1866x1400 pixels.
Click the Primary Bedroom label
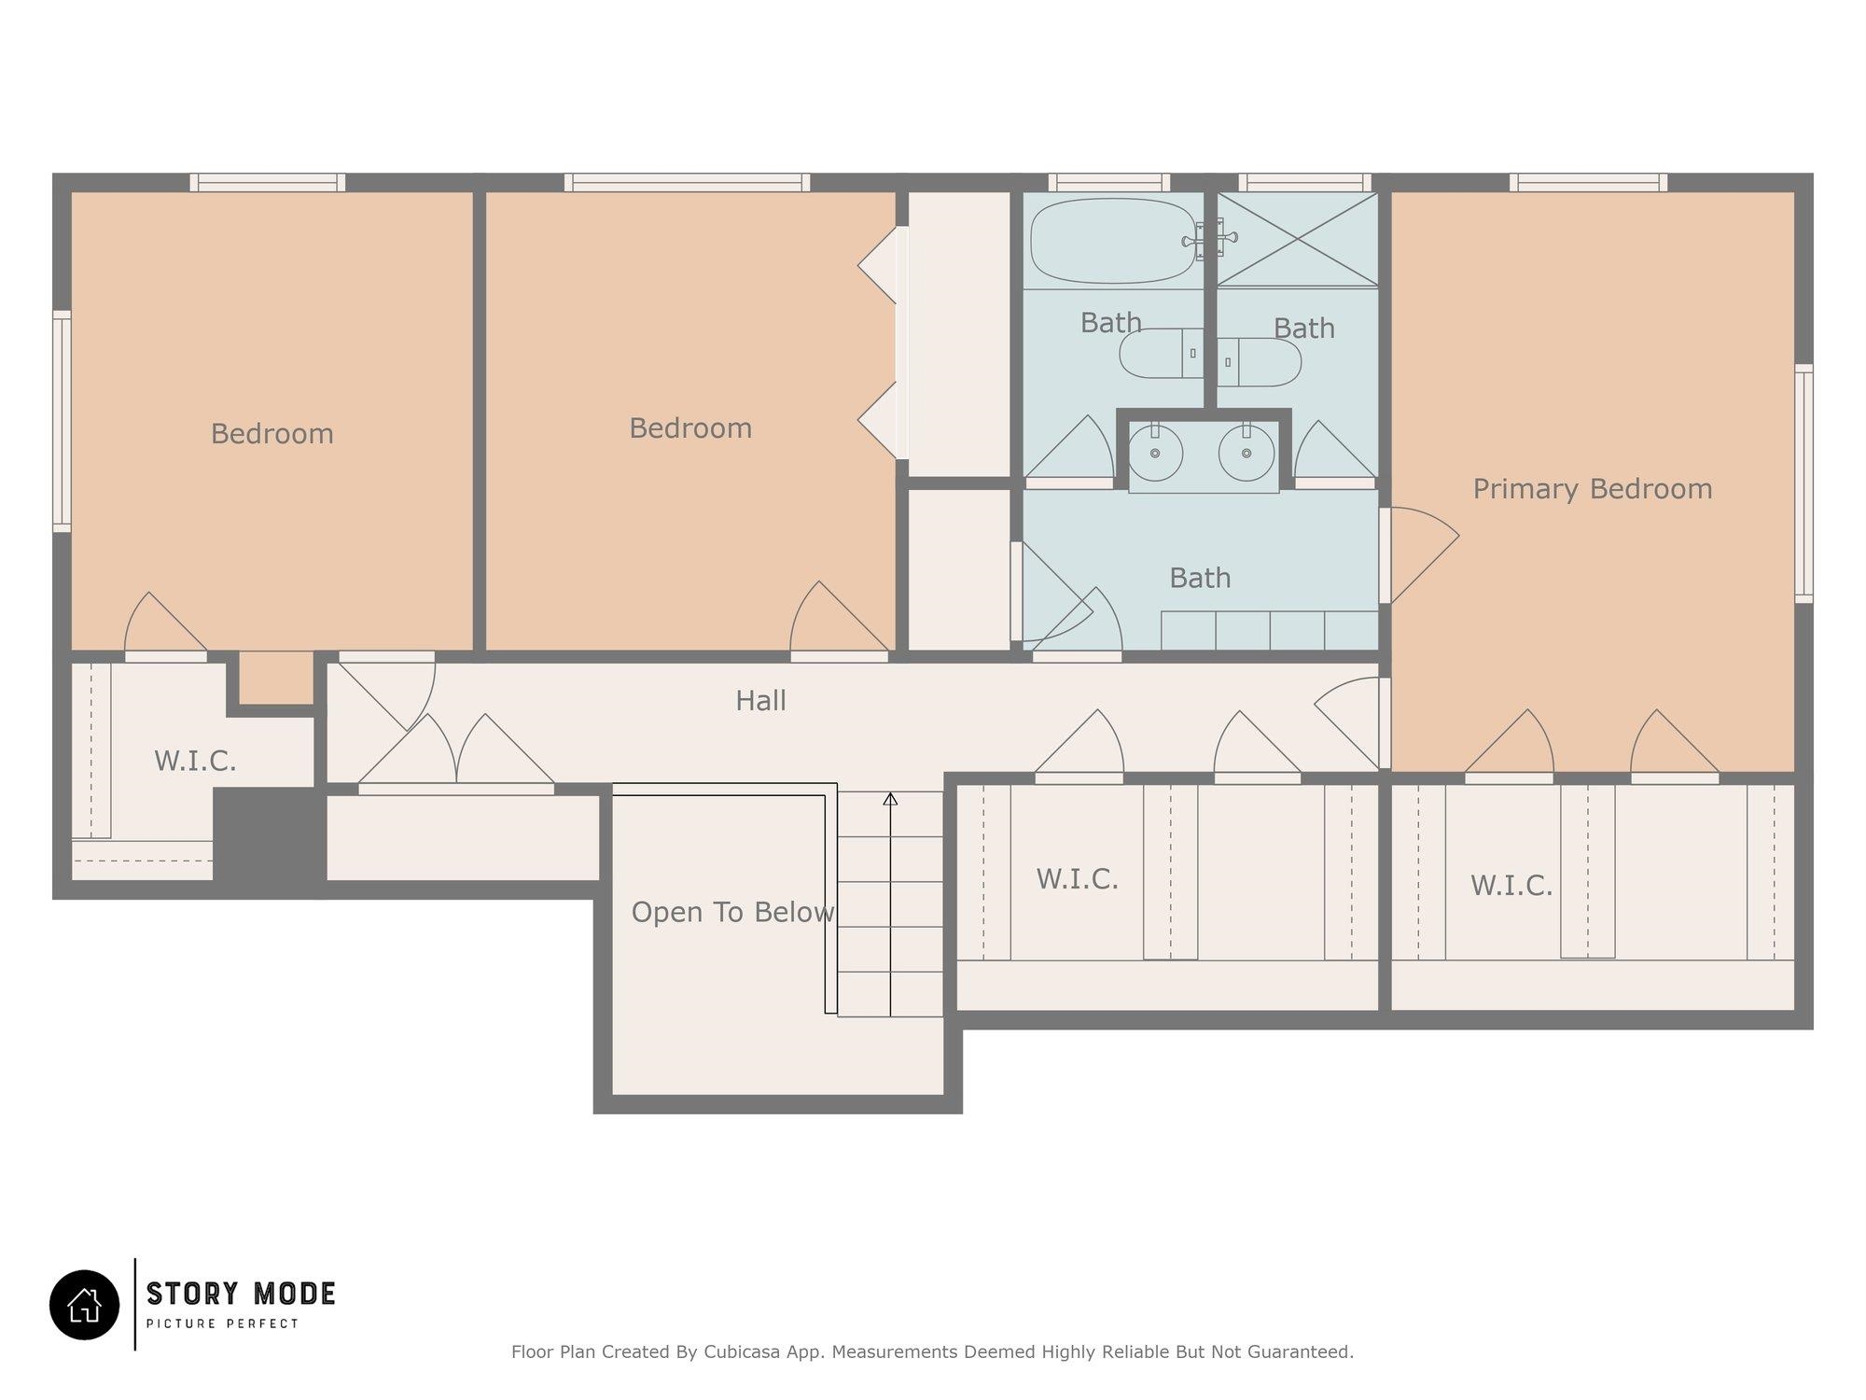pos(1593,489)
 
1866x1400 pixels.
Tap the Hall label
pos(760,701)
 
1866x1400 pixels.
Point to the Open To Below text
pos(732,912)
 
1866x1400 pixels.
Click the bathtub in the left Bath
pos(1113,240)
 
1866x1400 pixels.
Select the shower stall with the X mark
pos(1298,239)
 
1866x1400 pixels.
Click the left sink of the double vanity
pos(1155,453)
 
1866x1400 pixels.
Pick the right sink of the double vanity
pos(1246,453)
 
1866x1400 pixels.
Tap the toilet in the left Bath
pos(1162,353)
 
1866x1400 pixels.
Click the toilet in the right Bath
pos(1260,362)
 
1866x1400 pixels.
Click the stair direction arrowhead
pos(890,799)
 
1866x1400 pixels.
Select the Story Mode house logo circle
pos(85,1305)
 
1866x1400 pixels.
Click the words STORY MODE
pos(241,1294)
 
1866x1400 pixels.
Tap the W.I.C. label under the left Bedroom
pos(195,762)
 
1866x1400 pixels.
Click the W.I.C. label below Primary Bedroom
pos(1511,886)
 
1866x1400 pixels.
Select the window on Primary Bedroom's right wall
pos(1803,483)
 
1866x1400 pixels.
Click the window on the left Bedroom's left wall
pos(62,421)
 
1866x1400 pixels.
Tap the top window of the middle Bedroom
pos(687,183)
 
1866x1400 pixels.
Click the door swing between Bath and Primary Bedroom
pos(1419,555)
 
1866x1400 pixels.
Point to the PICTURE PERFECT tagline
pos(223,1323)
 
